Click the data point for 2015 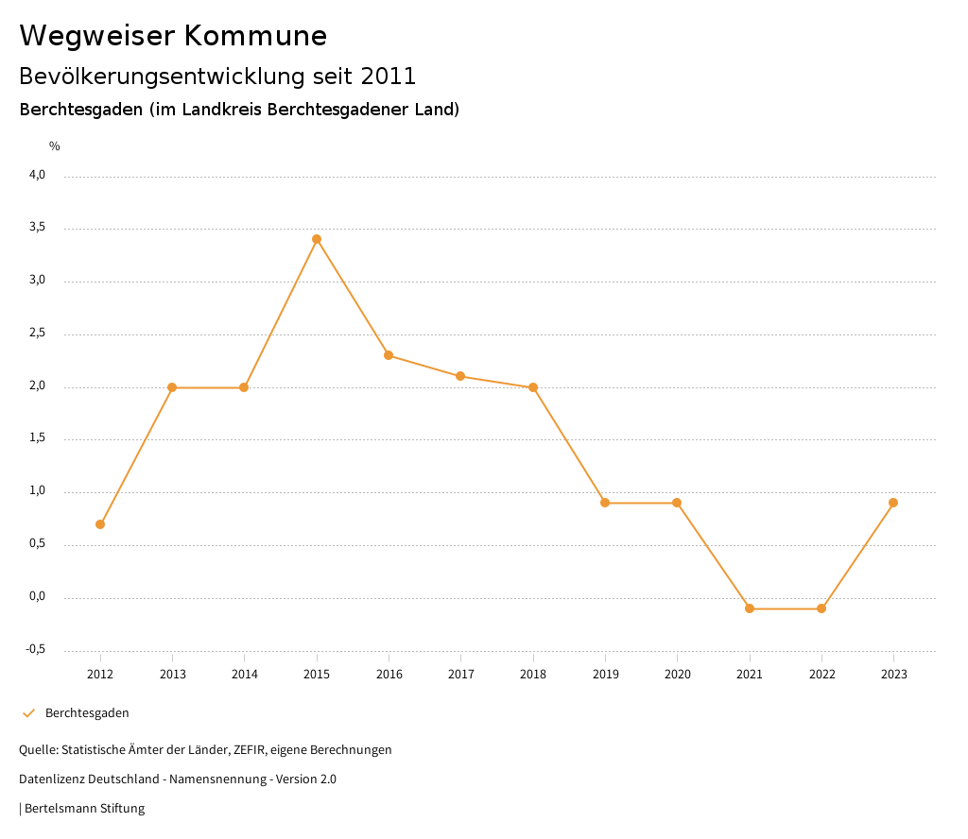pyautogui.click(x=317, y=239)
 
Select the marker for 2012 pyautogui.click(x=100, y=524)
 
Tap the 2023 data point pyautogui.click(x=893, y=503)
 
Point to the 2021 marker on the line pyautogui.click(x=750, y=608)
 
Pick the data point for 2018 pyautogui.click(x=533, y=387)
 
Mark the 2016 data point pyautogui.click(x=389, y=355)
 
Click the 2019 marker pyautogui.click(x=605, y=503)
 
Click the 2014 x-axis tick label pyautogui.click(x=244, y=675)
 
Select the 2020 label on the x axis pyautogui.click(x=677, y=675)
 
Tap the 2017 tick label pyautogui.click(x=460, y=675)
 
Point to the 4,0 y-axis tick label pyautogui.click(x=37, y=175)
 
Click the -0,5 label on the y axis pyautogui.click(x=35, y=649)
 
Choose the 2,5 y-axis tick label pyautogui.click(x=37, y=334)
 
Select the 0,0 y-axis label pyautogui.click(x=37, y=597)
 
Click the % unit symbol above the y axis pyautogui.click(x=55, y=146)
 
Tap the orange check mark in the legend pyautogui.click(x=28, y=713)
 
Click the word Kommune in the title pyautogui.click(x=255, y=36)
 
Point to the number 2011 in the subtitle pyautogui.click(x=389, y=76)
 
